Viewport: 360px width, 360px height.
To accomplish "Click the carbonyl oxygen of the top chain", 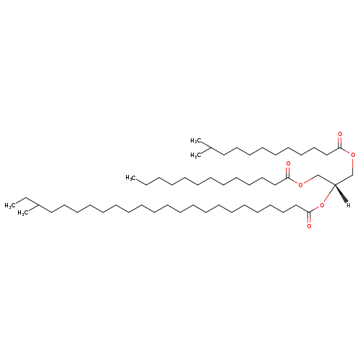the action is (x=340, y=134).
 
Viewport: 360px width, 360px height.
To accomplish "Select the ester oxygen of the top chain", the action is (x=353, y=155).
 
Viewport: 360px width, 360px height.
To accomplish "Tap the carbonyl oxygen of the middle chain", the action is (x=288, y=164).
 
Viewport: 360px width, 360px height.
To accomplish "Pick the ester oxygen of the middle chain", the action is (x=300, y=184).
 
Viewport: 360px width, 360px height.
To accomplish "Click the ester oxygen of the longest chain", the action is (x=322, y=205).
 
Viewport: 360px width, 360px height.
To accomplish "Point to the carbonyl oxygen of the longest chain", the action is (x=309, y=226).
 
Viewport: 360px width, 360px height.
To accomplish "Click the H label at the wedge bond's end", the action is (x=348, y=205).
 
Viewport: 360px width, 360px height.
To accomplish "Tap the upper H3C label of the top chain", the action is (x=196, y=141).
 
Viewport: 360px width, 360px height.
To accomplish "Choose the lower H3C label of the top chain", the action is (x=196, y=156).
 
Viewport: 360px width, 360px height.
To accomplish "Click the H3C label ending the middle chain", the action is (x=131, y=178).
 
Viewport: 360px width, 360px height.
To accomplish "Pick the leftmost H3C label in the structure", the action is (x=10, y=205).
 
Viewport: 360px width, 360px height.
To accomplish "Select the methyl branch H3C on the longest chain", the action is (x=23, y=213).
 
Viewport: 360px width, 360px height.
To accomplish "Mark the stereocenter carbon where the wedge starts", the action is (x=335, y=184).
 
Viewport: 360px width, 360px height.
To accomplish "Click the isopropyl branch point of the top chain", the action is (x=210, y=148).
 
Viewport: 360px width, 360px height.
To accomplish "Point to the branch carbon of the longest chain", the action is (x=38, y=205).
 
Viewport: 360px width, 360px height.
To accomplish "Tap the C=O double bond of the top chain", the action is (x=340, y=143).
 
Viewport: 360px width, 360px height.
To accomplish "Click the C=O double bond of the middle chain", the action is (x=288, y=172).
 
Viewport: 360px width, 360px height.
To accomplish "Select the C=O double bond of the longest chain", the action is (x=309, y=217).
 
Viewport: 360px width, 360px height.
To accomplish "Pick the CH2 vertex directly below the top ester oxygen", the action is (x=353, y=174).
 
